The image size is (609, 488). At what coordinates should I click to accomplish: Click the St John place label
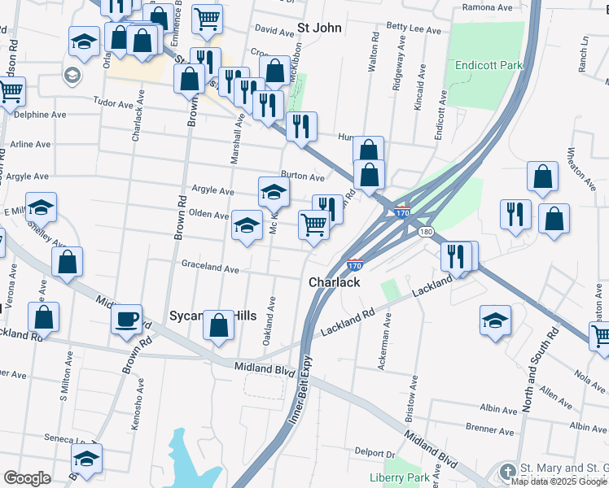[318, 27]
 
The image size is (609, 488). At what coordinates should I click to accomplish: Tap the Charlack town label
[335, 282]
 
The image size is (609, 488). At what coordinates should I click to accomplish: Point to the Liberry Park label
[398, 477]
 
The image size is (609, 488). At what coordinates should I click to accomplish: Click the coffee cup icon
[126, 319]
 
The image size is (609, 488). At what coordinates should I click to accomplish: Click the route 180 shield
[426, 232]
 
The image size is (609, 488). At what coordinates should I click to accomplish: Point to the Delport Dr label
[374, 452]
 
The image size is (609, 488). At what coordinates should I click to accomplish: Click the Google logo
[27, 478]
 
